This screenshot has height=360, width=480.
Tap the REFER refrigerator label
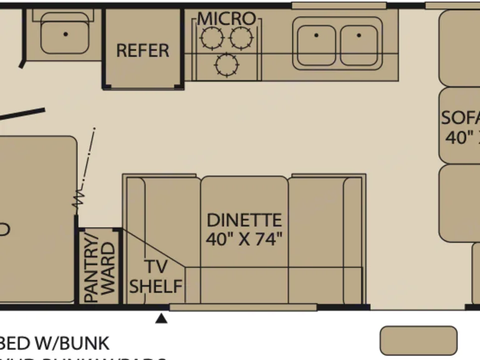pos(143,51)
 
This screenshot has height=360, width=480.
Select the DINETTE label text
pos(244,221)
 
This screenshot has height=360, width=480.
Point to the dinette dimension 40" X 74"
pos(244,239)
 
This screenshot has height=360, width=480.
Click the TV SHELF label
pos(156,277)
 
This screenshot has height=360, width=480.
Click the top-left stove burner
pos(211,39)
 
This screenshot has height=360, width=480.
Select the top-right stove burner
pos(241,39)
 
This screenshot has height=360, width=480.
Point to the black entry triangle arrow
pos(162,318)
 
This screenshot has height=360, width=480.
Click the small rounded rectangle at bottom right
pos(419,340)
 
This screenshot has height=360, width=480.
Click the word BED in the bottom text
pos(14,343)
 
